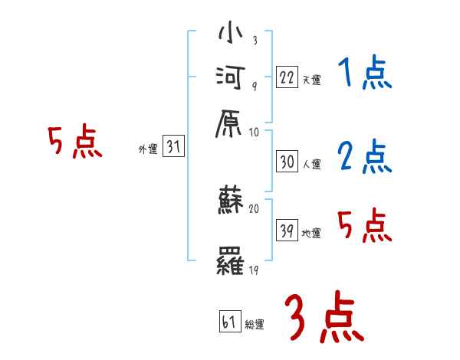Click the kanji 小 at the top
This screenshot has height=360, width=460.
tap(230, 35)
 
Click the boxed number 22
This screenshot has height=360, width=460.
tap(287, 77)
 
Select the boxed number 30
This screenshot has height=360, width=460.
tap(287, 162)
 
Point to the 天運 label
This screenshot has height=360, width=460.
tap(311, 80)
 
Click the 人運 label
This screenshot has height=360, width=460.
tap(311, 164)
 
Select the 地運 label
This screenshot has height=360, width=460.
tap(311, 233)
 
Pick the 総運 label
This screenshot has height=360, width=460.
tap(255, 325)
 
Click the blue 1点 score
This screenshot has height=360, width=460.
tap(364, 74)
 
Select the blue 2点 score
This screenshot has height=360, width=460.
tap(364, 157)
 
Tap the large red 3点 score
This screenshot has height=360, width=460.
tap(324, 317)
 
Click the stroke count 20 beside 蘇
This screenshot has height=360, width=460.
tap(255, 208)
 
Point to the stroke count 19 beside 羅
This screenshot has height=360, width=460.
tap(254, 270)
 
